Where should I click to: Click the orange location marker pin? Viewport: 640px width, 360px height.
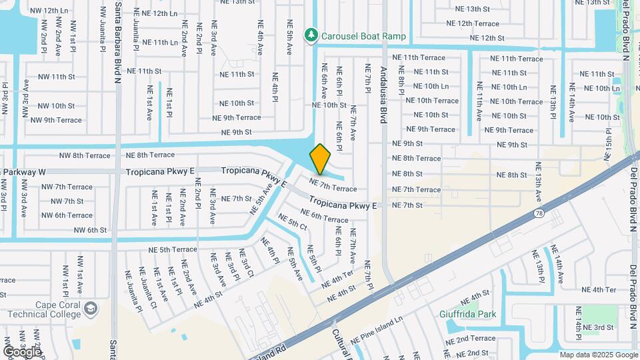coord(320,159)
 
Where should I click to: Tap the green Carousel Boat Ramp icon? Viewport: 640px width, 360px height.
coord(310,35)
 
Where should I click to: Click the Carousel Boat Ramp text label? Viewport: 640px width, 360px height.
coord(363,35)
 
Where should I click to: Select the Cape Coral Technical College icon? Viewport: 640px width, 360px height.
coord(91,308)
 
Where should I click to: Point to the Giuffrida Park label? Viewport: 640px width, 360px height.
coord(467,313)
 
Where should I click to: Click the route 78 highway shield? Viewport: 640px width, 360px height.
coord(537,214)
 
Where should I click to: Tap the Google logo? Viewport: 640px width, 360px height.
coord(22,351)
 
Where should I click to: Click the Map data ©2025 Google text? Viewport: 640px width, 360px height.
coord(598,355)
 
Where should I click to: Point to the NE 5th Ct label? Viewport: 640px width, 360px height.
coord(293,223)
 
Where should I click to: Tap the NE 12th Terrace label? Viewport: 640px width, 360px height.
coord(473,23)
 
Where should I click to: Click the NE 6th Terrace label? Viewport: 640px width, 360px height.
coord(324,215)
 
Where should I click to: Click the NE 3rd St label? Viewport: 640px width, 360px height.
coord(598,327)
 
